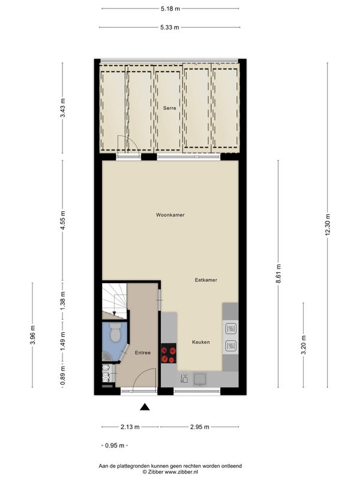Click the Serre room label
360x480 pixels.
pos(170,108)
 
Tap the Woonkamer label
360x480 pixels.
pos(170,215)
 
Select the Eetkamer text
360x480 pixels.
pos(206,280)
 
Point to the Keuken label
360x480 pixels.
pos(201,342)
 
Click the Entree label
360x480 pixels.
pos(143,353)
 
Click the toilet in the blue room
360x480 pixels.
pos(115,332)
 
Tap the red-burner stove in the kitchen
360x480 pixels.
pos(169,353)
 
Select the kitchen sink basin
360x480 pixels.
pos(200,379)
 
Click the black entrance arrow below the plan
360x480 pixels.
pos(145,407)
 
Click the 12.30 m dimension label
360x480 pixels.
pos(328,224)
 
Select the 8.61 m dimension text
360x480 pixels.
pos(278,274)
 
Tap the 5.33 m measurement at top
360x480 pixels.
pos(170,27)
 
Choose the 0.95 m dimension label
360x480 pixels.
pos(115,445)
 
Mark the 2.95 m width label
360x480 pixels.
pos(200,427)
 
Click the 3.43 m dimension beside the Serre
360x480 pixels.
pos(62,108)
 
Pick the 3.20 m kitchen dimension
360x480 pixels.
pos(304,344)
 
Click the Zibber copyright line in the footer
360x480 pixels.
pos(170,472)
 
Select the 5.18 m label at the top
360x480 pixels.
pos(170,8)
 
